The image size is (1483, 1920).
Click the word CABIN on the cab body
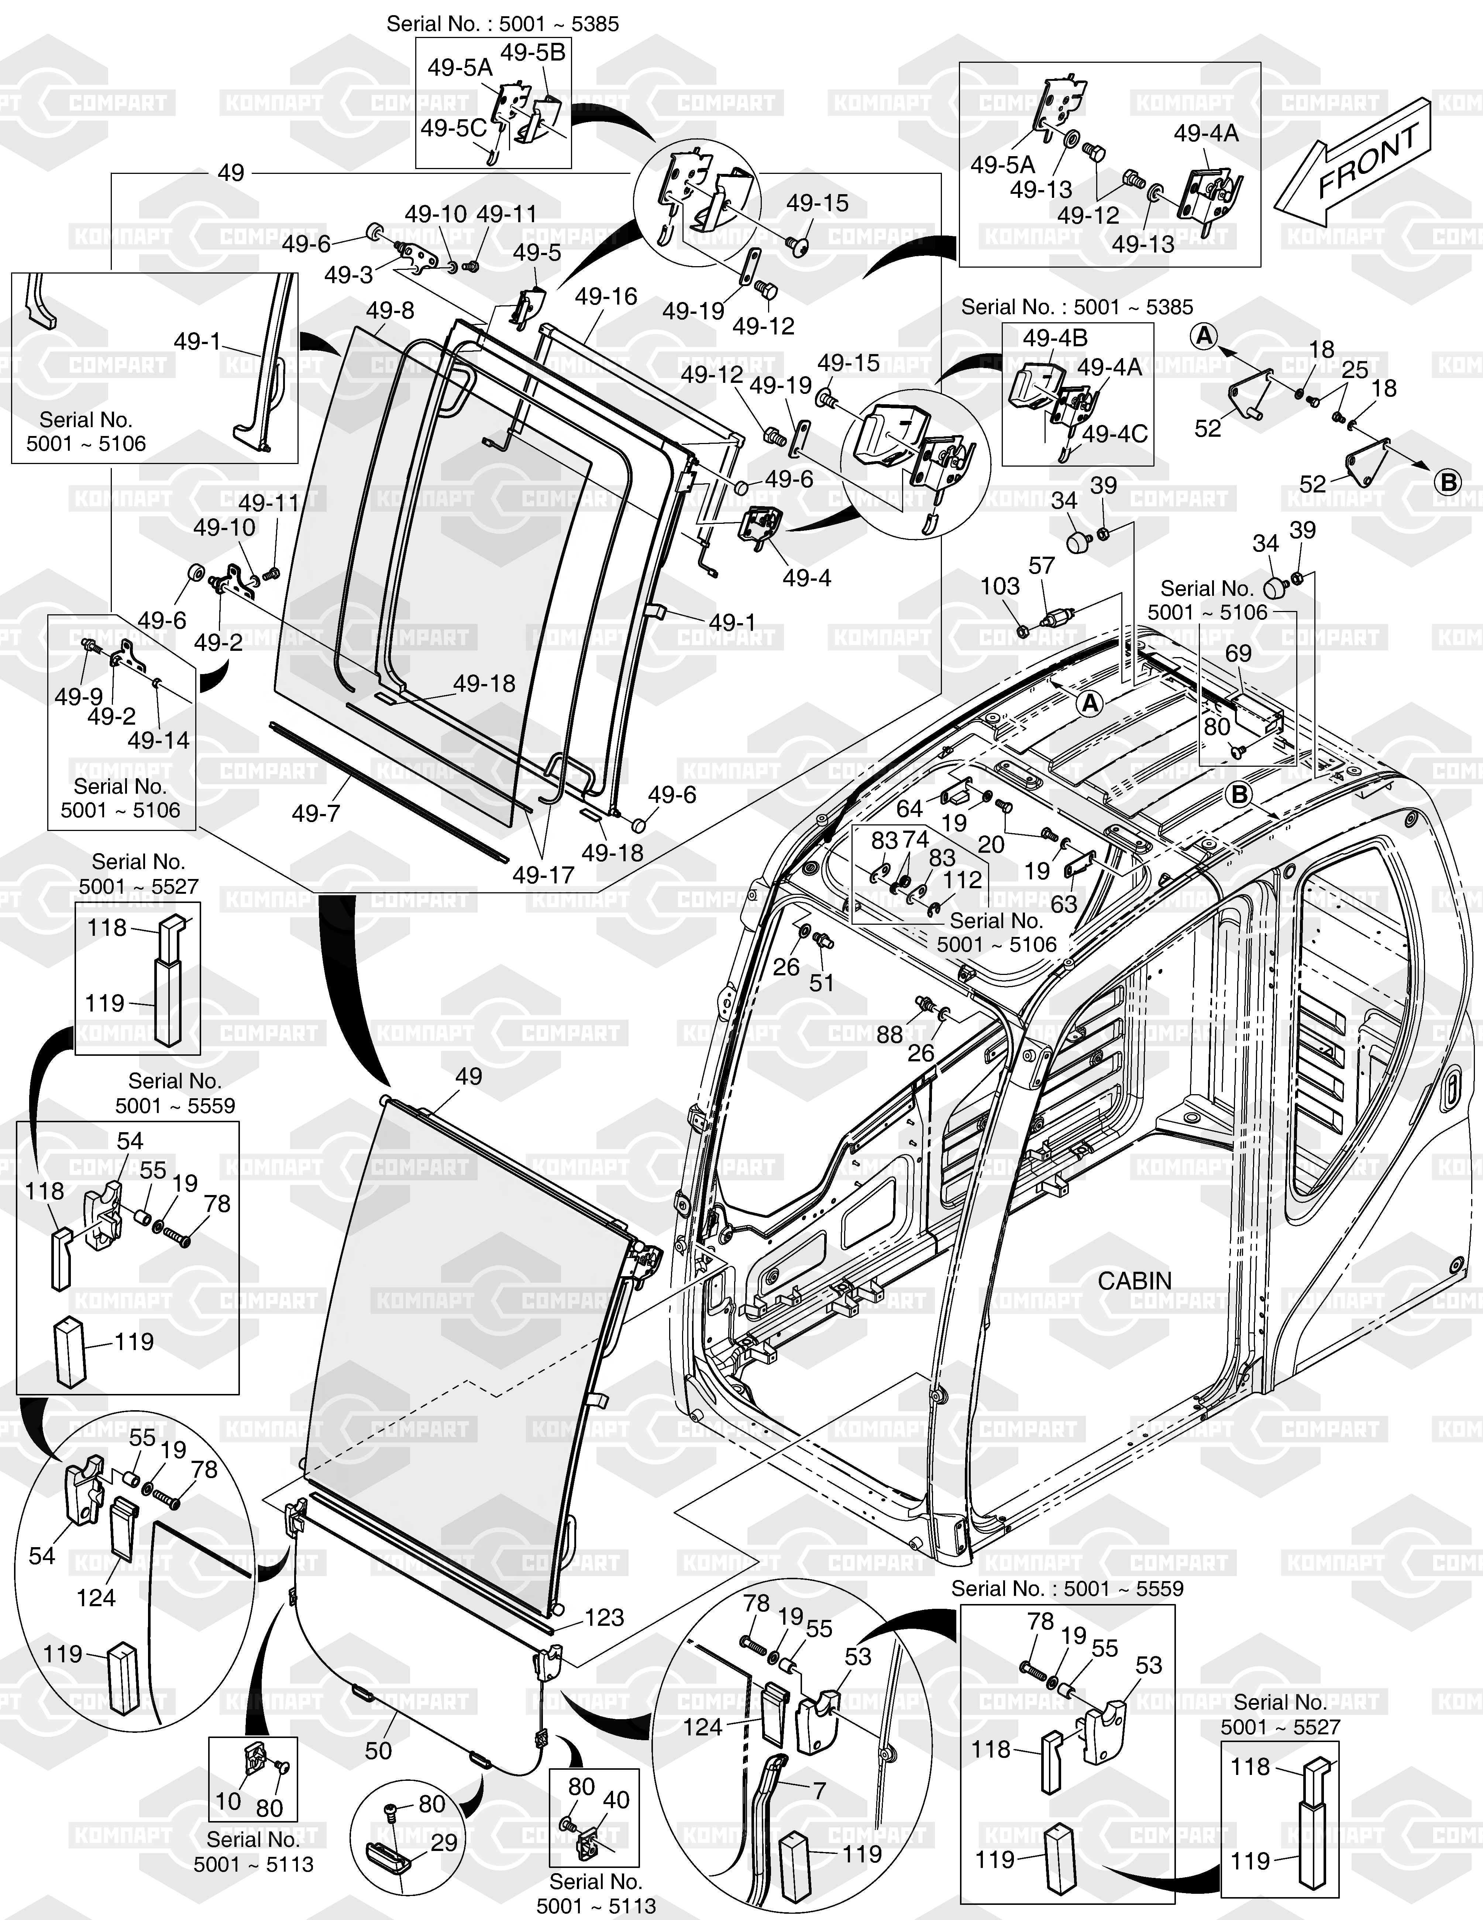tap(1134, 1281)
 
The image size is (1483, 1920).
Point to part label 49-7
tap(316, 813)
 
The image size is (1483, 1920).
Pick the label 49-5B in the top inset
tap(533, 53)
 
